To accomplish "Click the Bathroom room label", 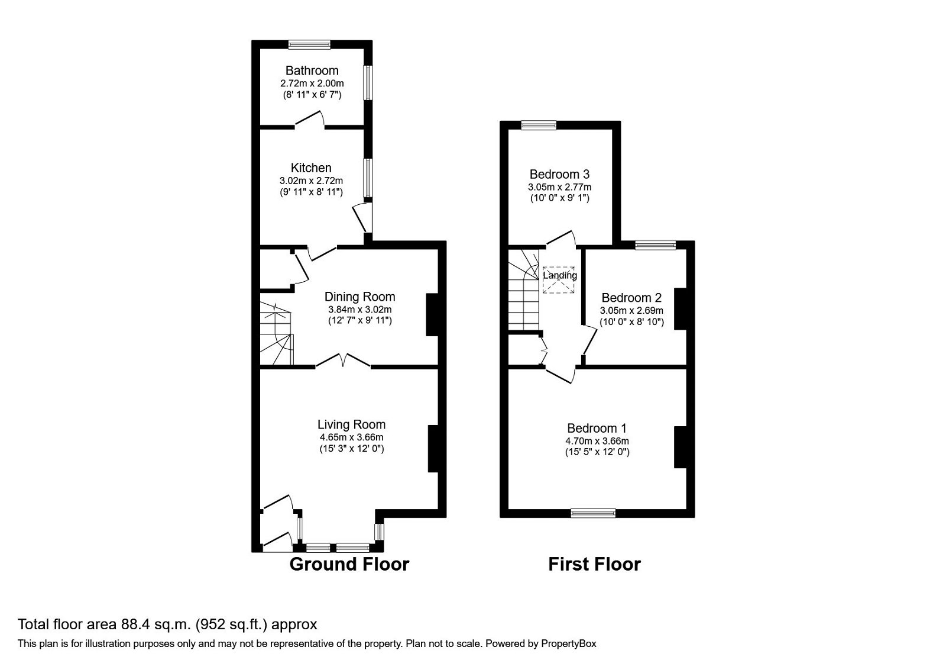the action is (312, 70).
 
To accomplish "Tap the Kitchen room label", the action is (311, 168).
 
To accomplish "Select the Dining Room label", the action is (359, 297).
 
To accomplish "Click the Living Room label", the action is (351, 424).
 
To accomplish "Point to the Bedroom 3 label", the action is (559, 175).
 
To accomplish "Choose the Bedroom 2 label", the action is (631, 298).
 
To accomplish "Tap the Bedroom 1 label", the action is (597, 428).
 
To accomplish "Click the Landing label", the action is (560, 275).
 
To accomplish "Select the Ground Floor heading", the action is (349, 564).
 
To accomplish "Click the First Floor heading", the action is (594, 564).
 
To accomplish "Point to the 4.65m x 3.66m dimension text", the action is (351, 437).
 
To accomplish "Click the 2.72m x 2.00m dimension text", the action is (312, 83).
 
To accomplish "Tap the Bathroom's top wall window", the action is (309, 44).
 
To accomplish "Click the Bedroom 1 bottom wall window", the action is (593, 513).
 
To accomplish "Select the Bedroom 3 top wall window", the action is (539, 124).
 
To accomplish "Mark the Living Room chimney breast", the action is (433, 448).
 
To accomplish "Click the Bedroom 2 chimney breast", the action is (681, 308).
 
